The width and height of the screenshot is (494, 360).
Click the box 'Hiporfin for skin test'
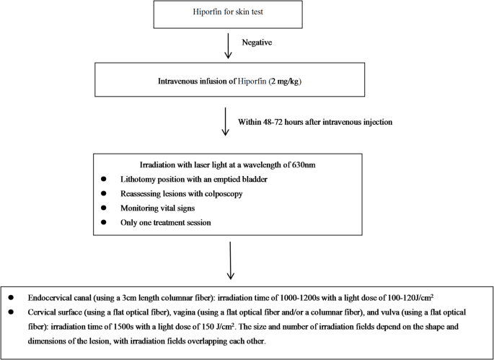click(x=227, y=14)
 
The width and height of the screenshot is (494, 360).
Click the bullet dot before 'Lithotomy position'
click(x=105, y=178)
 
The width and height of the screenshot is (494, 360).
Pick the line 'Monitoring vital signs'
click(x=157, y=208)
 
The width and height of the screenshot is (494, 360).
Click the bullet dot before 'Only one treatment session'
click(x=105, y=222)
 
